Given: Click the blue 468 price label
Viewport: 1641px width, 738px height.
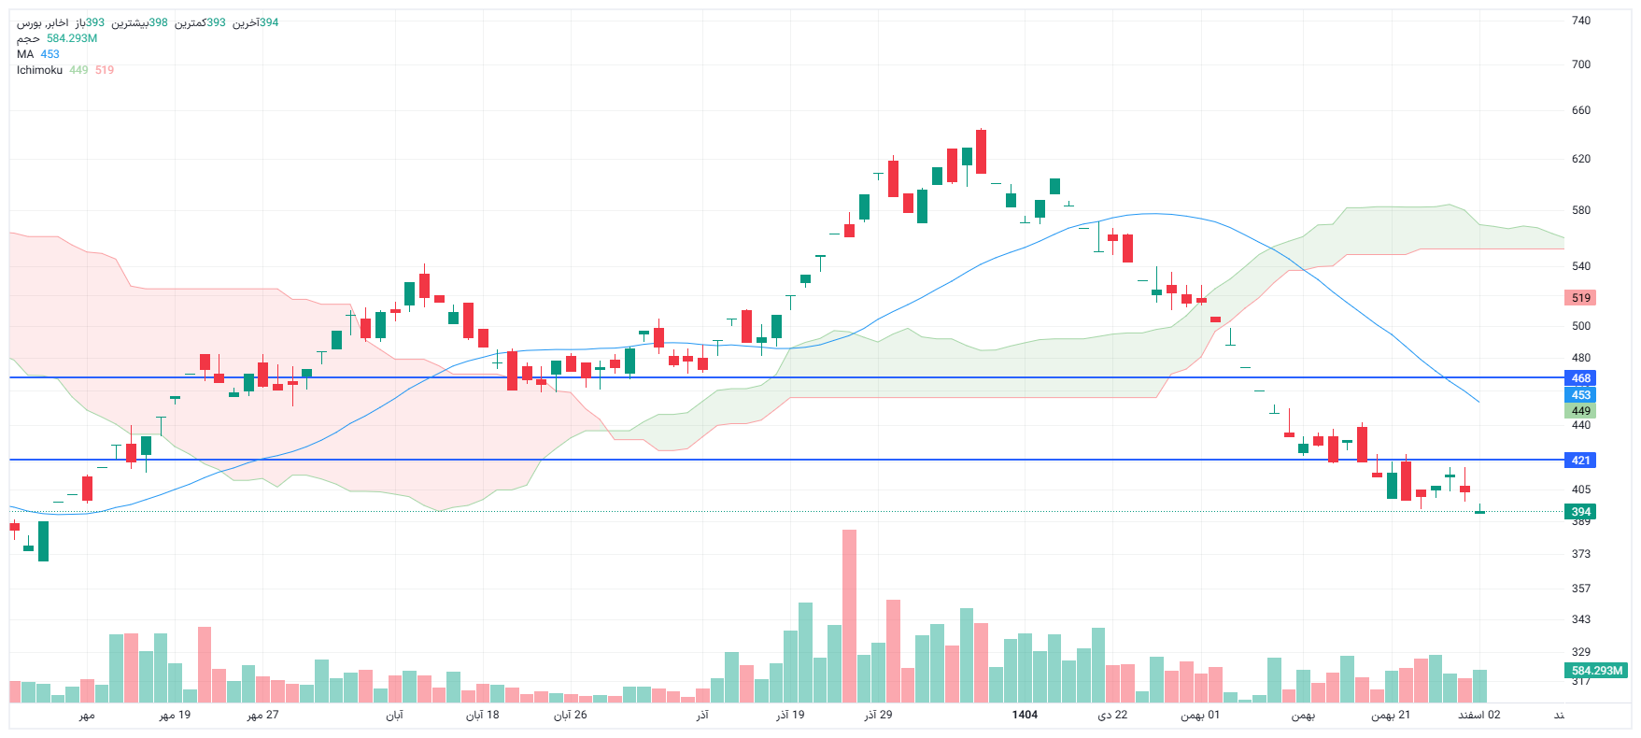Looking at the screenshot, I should (x=1580, y=378).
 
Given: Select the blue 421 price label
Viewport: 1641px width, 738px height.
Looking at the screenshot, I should (x=1580, y=461).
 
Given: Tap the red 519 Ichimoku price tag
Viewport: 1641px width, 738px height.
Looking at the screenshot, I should (x=1580, y=298).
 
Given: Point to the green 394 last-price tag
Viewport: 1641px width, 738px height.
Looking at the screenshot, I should (x=1580, y=512).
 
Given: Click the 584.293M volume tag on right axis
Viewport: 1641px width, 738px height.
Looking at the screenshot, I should (x=1596, y=671).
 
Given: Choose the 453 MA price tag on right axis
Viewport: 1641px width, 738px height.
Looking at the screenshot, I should (x=1580, y=395).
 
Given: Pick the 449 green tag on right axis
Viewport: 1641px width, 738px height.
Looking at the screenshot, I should (x=1580, y=411).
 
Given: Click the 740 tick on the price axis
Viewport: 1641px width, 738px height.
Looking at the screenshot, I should (x=1580, y=21).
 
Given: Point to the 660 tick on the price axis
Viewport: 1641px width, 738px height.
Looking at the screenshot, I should (x=1580, y=110).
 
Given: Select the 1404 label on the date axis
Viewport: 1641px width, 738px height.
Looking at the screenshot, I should (x=1025, y=715).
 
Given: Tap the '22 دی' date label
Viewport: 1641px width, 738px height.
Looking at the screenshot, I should (x=1112, y=715).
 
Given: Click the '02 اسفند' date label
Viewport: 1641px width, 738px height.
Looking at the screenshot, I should (x=1479, y=715).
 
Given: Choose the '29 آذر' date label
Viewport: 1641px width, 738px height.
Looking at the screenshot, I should (x=878, y=715).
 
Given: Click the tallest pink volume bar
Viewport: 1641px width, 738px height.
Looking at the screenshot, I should (x=849, y=617).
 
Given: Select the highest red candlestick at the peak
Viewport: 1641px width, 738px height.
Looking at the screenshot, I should (x=981, y=151).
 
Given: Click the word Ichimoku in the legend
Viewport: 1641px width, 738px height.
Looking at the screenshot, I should (x=39, y=70).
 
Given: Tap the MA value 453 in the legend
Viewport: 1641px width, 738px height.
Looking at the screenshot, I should (x=50, y=54).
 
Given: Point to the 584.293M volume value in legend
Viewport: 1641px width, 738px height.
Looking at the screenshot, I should (x=72, y=38).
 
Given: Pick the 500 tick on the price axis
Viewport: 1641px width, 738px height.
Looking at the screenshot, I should (x=1580, y=326).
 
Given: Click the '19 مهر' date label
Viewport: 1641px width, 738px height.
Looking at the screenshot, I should (x=175, y=715).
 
